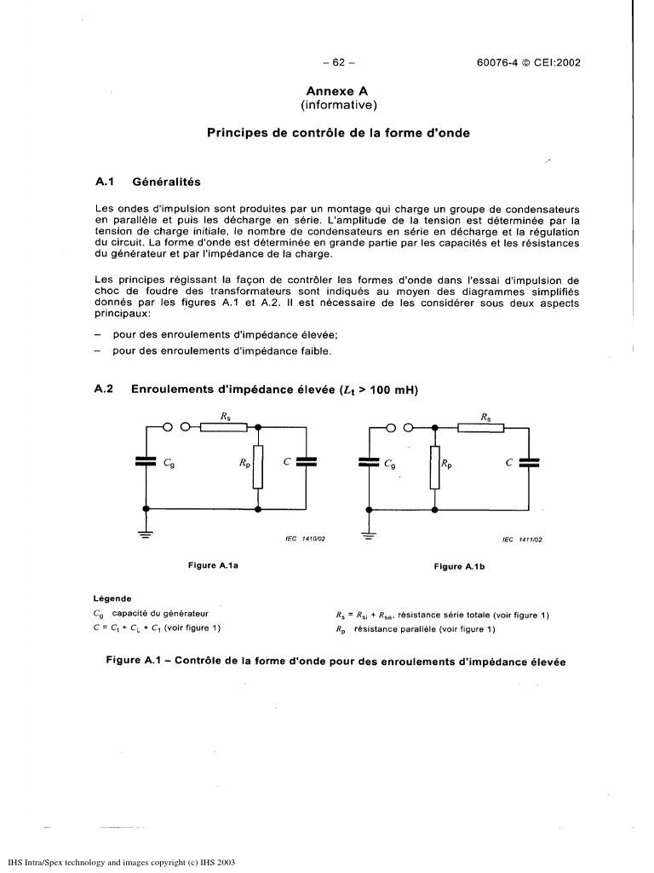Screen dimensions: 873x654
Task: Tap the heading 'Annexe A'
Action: pyautogui.click(x=338, y=90)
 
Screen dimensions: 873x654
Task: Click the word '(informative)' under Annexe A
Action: pyautogui.click(x=338, y=105)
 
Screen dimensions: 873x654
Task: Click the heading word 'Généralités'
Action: pyautogui.click(x=166, y=182)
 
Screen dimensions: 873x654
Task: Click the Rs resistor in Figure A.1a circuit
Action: pyautogui.click(x=223, y=427)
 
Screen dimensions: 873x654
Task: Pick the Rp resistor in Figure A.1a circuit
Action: pyautogui.click(x=258, y=465)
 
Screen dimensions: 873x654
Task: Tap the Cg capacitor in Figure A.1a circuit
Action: pyautogui.click(x=146, y=462)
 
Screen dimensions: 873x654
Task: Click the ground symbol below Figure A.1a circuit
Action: pyautogui.click(x=146, y=535)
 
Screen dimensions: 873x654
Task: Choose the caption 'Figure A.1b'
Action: pyautogui.click(x=459, y=566)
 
